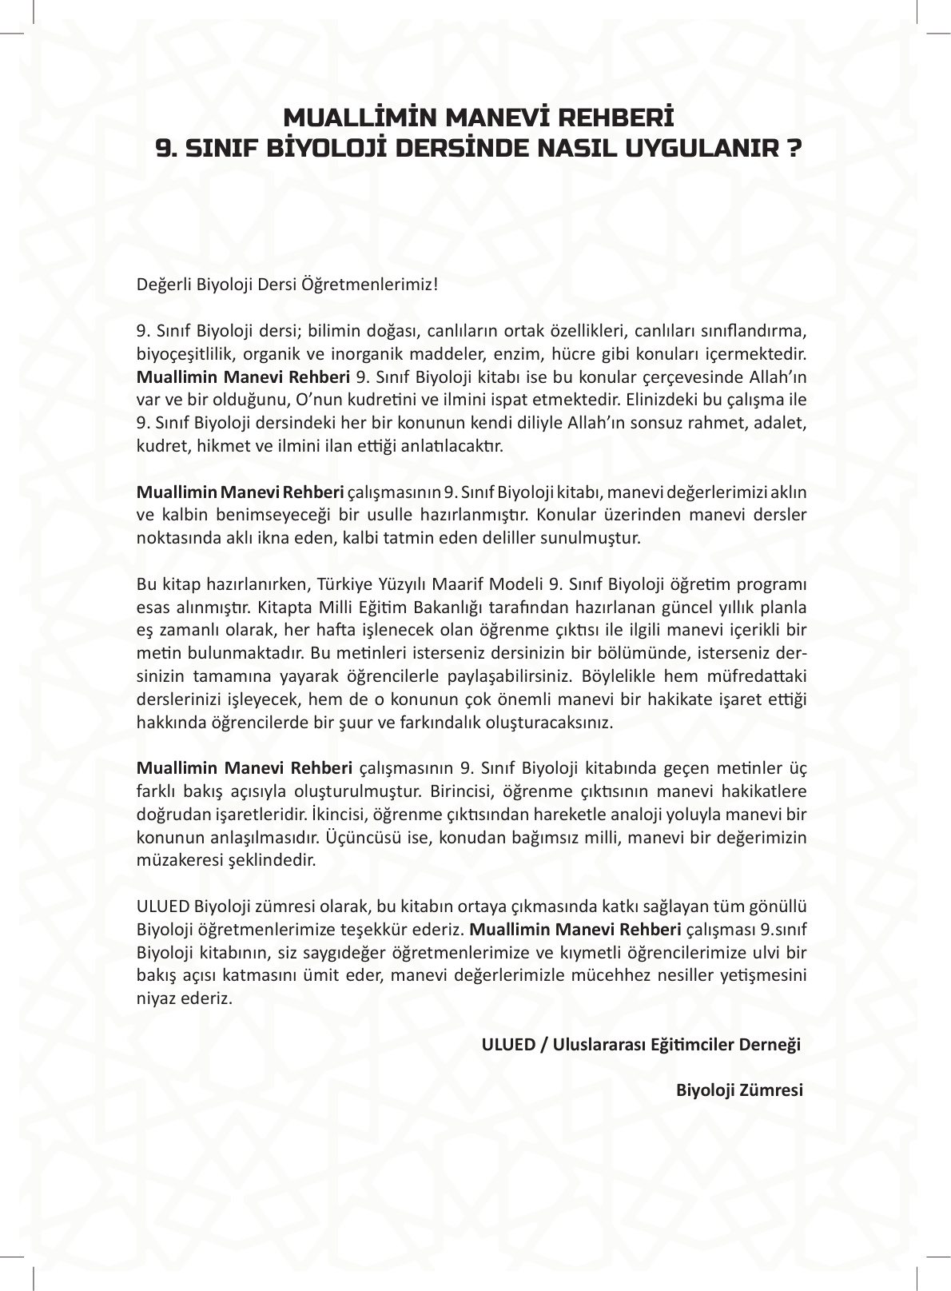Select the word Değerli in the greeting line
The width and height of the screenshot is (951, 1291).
pyautogui.click(x=160, y=285)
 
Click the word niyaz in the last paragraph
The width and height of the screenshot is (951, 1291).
pyautogui.click(x=155, y=999)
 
